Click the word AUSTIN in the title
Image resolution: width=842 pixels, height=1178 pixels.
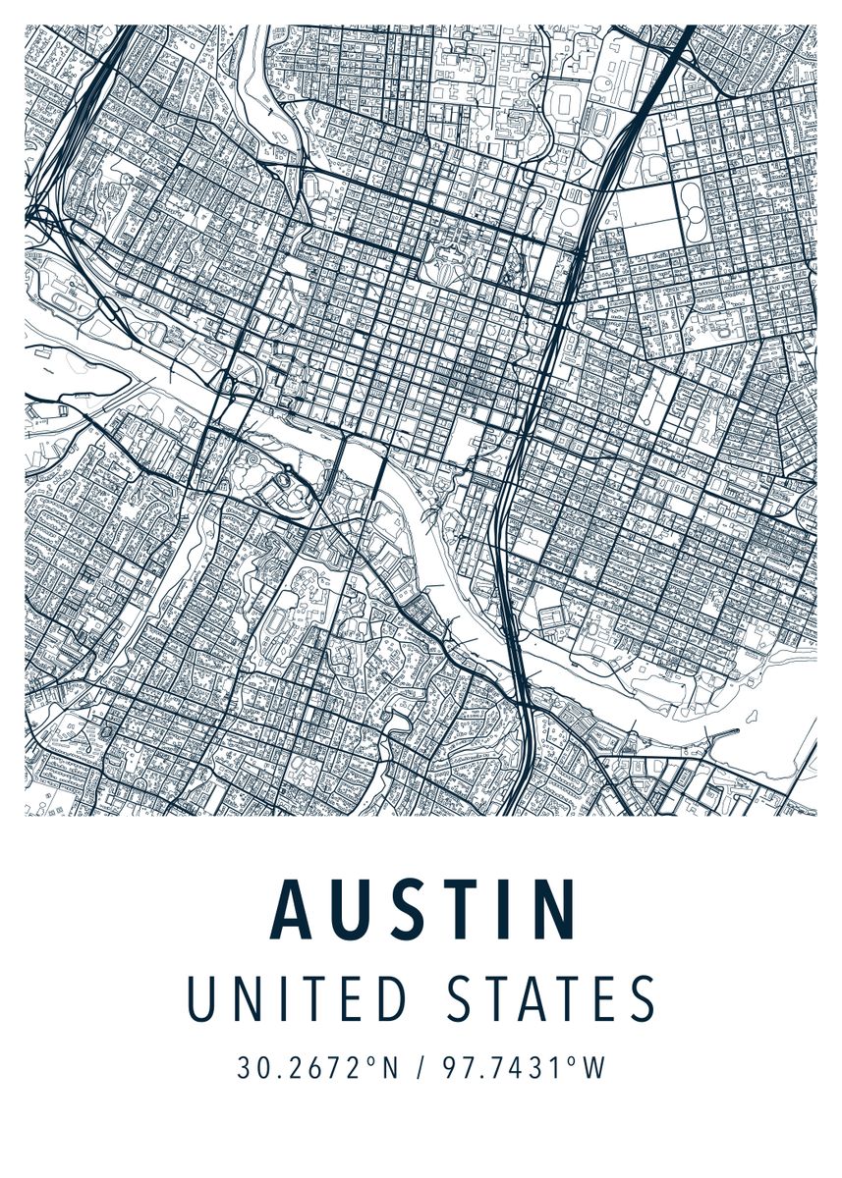point(423,908)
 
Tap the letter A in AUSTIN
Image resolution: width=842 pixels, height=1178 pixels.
point(292,908)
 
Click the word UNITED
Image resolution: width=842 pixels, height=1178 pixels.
point(296,999)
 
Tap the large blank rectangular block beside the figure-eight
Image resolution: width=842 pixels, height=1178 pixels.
point(647,222)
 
